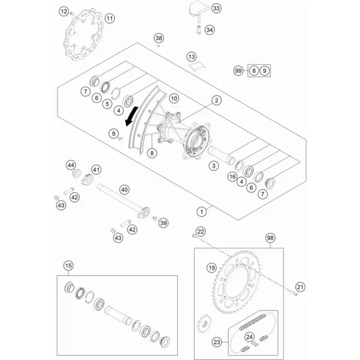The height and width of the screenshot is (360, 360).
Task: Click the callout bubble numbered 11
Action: pos(110,19)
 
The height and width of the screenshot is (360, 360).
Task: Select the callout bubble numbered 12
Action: pos(64,11)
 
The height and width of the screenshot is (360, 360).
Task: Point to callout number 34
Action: pos(209,30)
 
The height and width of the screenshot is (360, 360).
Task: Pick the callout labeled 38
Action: pos(159,39)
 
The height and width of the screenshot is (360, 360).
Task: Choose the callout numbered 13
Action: pos(192,56)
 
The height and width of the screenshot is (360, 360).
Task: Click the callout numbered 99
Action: pos(238,71)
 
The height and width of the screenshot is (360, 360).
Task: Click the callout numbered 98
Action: pos(271,238)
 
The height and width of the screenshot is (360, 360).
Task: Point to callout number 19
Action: pos(211,268)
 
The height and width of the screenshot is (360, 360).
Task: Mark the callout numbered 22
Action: pos(201,231)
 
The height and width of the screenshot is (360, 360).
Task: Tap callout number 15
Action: pos(68,266)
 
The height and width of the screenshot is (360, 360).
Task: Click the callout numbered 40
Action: pos(124,189)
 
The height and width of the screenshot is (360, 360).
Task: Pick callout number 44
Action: pos(70,165)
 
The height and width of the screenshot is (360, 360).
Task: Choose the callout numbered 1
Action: pos(203,210)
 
